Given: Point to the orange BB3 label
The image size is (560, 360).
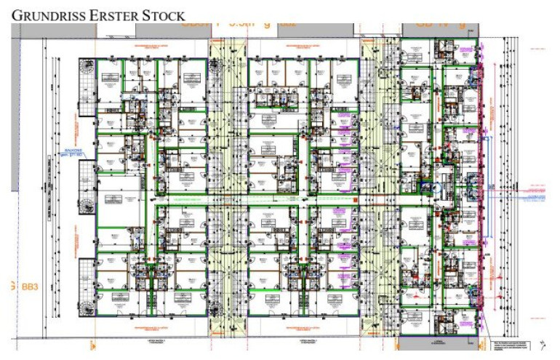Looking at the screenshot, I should (29, 286).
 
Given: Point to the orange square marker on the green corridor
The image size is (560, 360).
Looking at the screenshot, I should (351, 199).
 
